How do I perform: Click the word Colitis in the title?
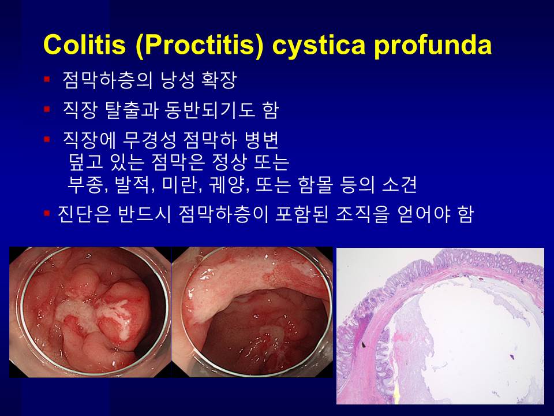[x=84, y=44]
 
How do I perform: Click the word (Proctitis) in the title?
[x=199, y=46]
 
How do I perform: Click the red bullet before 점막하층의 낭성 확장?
[x=47, y=79]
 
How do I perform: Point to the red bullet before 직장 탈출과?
[x=47, y=109]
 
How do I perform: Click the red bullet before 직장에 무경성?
[x=47, y=139]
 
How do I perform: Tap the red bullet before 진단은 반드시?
[x=47, y=213]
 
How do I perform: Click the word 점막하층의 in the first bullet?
[x=107, y=80]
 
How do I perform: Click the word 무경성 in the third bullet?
[x=149, y=140]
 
